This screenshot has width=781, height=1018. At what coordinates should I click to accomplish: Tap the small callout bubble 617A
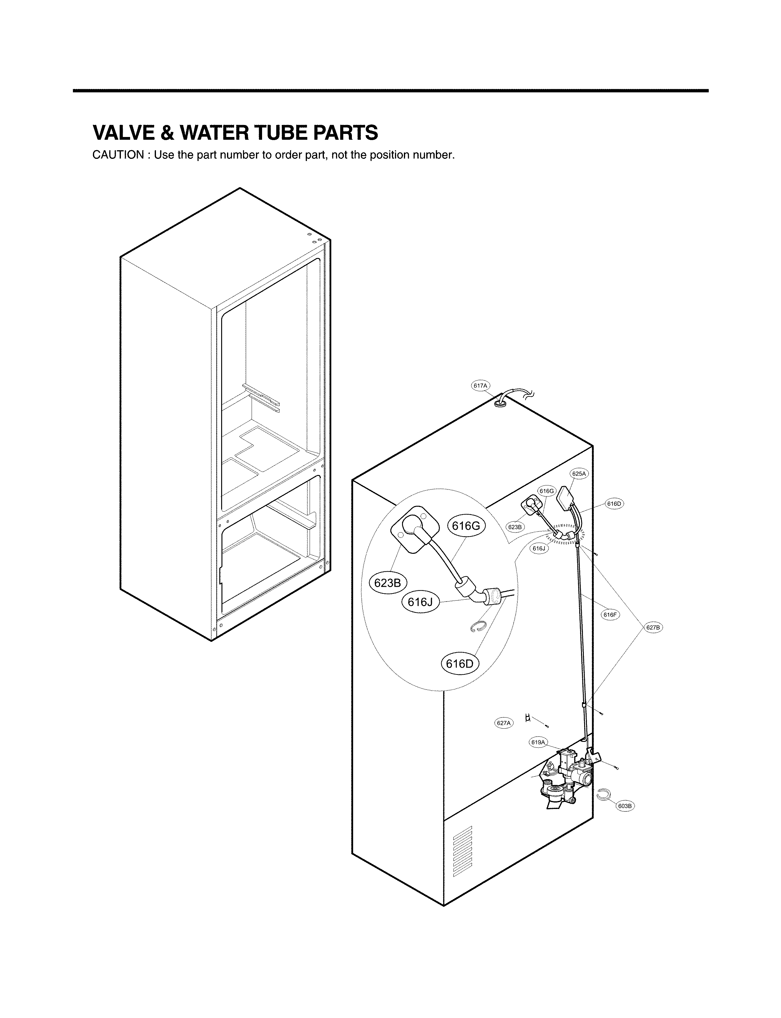point(480,386)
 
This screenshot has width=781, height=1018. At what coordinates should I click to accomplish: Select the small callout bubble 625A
point(579,474)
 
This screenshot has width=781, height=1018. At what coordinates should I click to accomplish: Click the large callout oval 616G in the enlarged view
point(466,526)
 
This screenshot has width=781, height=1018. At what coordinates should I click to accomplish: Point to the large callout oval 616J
point(420,602)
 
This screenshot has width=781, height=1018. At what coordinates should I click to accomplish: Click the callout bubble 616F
point(610,615)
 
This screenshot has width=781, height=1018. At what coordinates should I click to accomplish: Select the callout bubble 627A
point(504,723)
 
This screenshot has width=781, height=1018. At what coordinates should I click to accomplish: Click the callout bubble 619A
point(538,742)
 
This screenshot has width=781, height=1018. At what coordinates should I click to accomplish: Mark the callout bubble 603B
point(625,806)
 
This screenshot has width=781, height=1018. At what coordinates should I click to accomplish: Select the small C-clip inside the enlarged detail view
point(478,628)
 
